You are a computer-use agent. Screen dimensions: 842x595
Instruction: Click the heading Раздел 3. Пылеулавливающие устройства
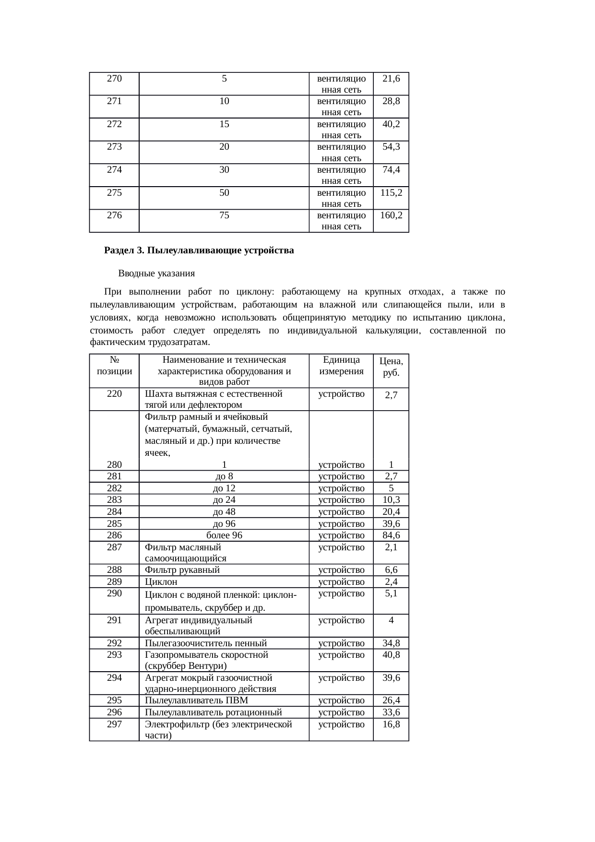[x=199, y=250]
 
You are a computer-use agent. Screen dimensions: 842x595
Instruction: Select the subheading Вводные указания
[x=156, y=273]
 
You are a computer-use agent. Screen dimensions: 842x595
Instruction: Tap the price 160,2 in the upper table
[x=391, y=215]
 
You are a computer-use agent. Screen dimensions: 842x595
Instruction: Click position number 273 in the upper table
[x=114, y=147]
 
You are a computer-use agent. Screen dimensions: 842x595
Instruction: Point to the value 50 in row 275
[x=224, y=193]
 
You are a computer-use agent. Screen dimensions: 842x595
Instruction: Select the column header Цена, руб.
[x=391, y=367]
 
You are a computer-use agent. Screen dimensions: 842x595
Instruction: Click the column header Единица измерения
[x=341, y=366]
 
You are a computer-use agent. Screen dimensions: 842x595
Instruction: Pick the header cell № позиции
[x=114, y=366]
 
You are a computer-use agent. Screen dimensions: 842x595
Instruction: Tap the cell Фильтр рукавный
[x=182, y=570]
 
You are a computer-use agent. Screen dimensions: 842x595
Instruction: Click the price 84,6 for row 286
[x=391, y=535]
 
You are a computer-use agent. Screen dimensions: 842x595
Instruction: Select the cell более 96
[x=224, y=535]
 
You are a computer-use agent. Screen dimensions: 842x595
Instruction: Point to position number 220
[x=114, y=394]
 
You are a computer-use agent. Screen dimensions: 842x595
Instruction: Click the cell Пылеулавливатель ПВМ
[x=196, y=700]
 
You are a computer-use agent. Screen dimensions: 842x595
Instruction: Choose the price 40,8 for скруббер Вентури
[x=391, y=655]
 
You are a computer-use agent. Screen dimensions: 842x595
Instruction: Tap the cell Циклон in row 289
[x=161, y=582]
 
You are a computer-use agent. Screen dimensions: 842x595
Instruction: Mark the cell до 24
[x=224, y=500]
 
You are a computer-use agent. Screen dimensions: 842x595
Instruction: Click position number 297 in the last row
[x=114, y=724]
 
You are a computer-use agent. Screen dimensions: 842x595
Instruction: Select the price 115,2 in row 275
[x=391, y=193]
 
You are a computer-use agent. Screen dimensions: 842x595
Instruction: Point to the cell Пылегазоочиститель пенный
[x=206, y=643]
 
